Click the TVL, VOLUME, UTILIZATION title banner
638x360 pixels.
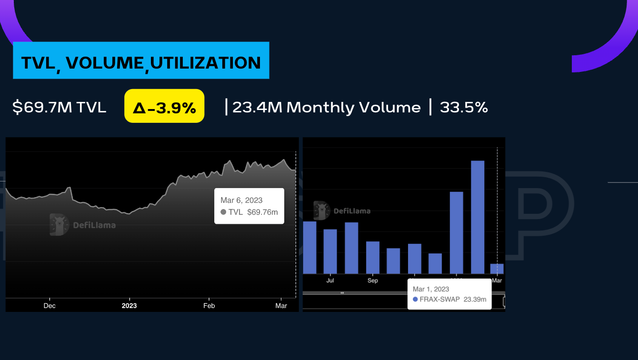(141, 60)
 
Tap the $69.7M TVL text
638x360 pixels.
(59, 108)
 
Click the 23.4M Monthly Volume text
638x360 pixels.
(326, 108)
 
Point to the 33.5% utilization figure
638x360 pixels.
(464, 108)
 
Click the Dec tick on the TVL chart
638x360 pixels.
(50, 306)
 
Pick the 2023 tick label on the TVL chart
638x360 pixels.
(129, 306)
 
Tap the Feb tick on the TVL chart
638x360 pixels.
(209, 306)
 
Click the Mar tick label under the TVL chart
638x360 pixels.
(281, 306)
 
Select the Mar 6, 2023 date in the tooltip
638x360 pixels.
(241, 200)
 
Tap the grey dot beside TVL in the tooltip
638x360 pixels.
(223, 212)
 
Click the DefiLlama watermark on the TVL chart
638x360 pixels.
(82, 224)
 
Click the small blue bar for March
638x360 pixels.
(497, 269)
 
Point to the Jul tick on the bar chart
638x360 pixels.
(330, 280)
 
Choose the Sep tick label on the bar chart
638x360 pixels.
(373, 280)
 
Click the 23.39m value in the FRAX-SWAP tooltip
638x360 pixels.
(475, 300)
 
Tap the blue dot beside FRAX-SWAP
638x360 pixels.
(415, 300)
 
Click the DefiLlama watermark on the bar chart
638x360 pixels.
(342, 210)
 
